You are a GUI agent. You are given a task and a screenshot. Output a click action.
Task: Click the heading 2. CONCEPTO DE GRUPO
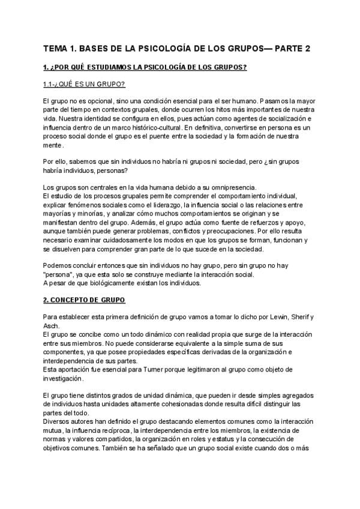(x=85, y=299)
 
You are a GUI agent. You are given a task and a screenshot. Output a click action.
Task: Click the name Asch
(x=52, y=325)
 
